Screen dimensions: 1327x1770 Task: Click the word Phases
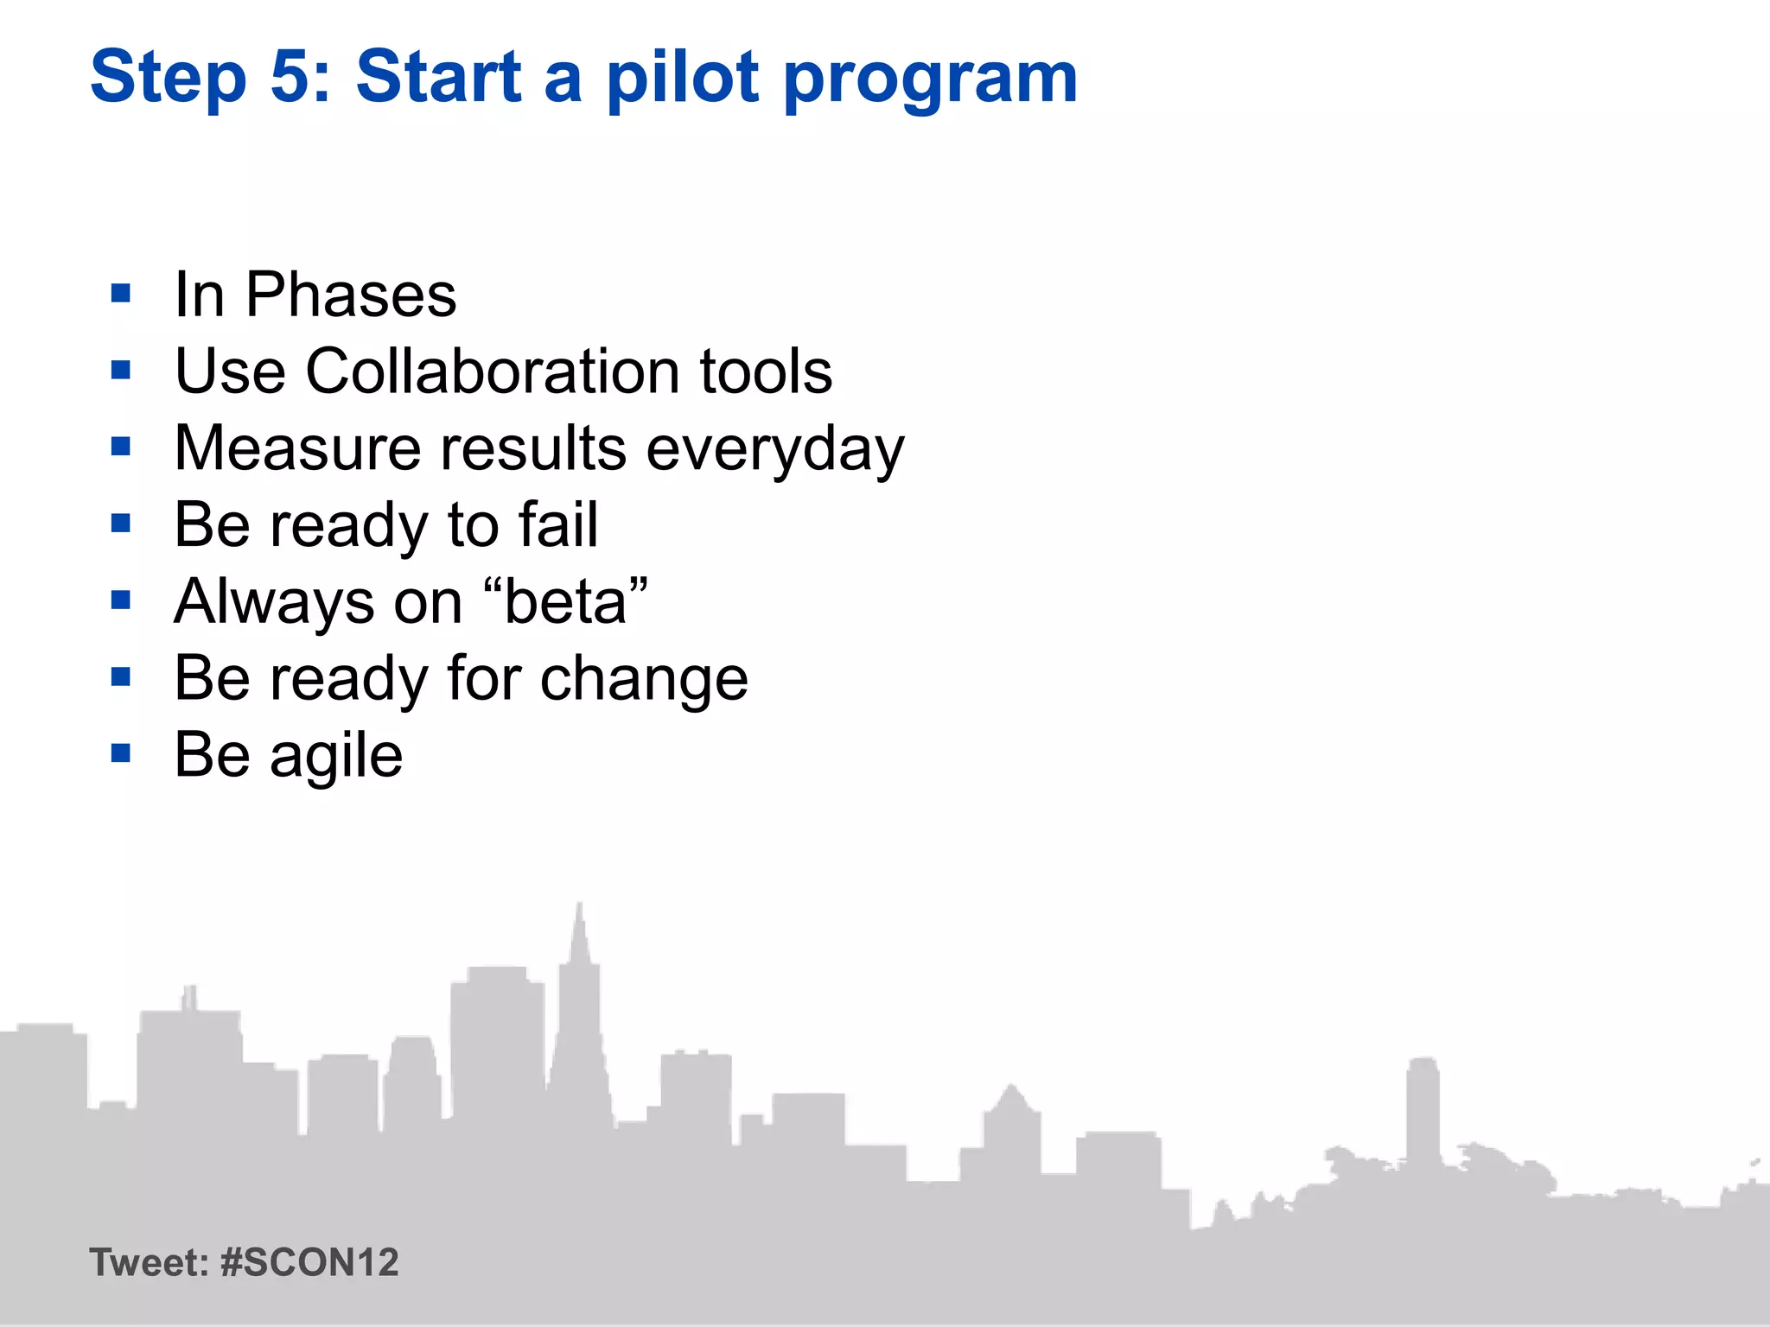click(x=350, y=295)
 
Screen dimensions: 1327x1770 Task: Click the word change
click(x=644, y=680)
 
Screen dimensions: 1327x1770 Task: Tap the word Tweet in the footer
click(x=147, y=1262)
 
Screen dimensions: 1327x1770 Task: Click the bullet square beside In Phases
click(x=121, y=294)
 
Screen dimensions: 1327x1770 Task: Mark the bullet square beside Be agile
click(x=121, y=753)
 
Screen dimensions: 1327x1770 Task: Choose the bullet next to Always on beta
click(x=121, y=600)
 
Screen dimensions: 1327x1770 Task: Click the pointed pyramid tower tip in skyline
click(x=580, y=907)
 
